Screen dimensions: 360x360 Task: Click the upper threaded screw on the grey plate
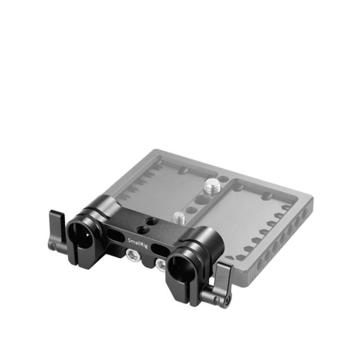point(214,185)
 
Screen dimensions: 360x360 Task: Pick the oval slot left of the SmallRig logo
point(115,231)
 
